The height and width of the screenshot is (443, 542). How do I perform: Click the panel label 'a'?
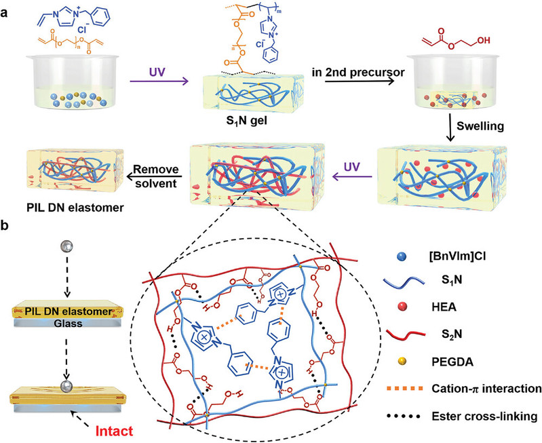(x=6, y=7)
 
